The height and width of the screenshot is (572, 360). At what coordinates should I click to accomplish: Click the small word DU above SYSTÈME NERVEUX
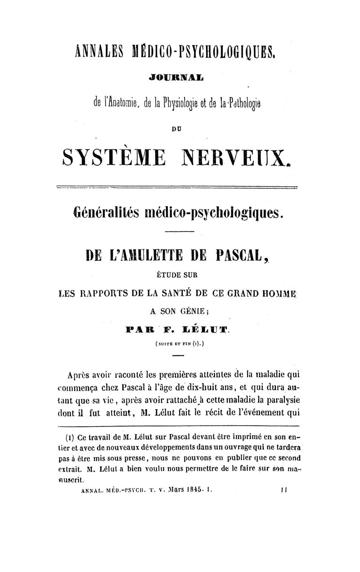[179, 129]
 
